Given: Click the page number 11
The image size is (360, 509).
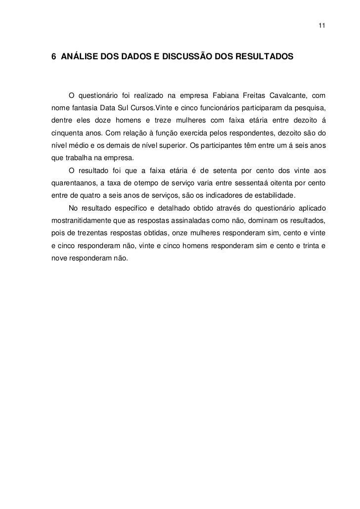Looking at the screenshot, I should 321,25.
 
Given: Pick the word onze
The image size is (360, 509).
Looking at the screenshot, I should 176,235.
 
